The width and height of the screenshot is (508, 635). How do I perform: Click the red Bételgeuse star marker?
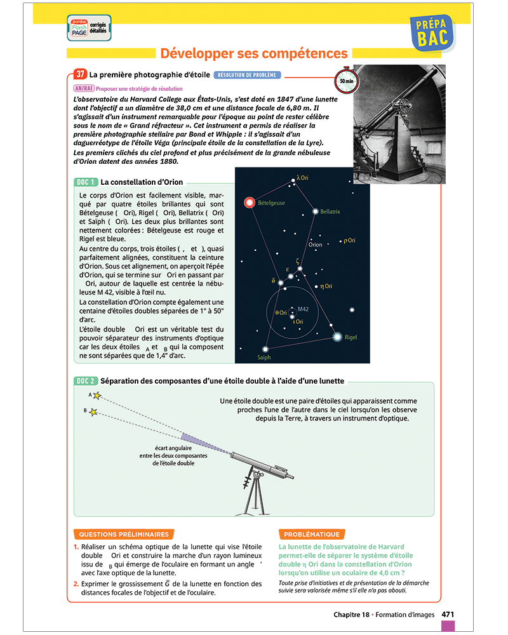tap(250, 203)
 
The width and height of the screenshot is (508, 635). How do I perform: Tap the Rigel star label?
tap(351, 337)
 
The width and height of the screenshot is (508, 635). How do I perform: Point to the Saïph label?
tap(264, 358)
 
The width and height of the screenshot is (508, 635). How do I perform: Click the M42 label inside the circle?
tap(303, 309)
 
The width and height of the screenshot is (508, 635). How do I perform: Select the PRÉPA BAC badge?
tap(434, 32)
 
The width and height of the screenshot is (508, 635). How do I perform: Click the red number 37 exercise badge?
tap(80, 74)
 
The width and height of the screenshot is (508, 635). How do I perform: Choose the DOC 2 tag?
tap(85, 381)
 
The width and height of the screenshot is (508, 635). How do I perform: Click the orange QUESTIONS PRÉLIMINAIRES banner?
tap(124, 535)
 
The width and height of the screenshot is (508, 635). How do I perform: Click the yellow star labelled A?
tap(97, 396)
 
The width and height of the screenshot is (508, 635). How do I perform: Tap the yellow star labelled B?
tap(93, 412)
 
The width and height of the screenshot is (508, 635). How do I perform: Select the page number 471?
tap(448, 614)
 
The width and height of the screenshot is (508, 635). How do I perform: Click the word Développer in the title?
tap(201, 53)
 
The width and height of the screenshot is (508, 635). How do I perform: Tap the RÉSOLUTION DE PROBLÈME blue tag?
tap(247, 75)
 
